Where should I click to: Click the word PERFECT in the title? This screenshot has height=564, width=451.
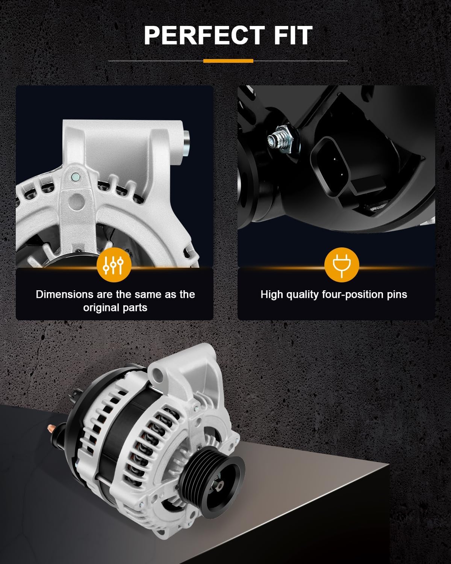[204, 35]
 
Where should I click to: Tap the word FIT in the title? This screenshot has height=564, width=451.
[293, 35]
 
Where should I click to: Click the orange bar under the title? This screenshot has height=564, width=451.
[228, 61]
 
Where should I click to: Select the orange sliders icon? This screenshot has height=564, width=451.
[114, 265]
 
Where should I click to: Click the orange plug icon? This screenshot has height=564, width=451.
[342, 265]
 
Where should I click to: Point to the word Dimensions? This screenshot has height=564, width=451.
[65, 294]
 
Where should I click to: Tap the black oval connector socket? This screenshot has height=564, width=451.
[329, 166]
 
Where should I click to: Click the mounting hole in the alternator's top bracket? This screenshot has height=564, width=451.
[157, 374]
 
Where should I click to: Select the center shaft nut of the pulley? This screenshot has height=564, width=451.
[219, 485]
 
